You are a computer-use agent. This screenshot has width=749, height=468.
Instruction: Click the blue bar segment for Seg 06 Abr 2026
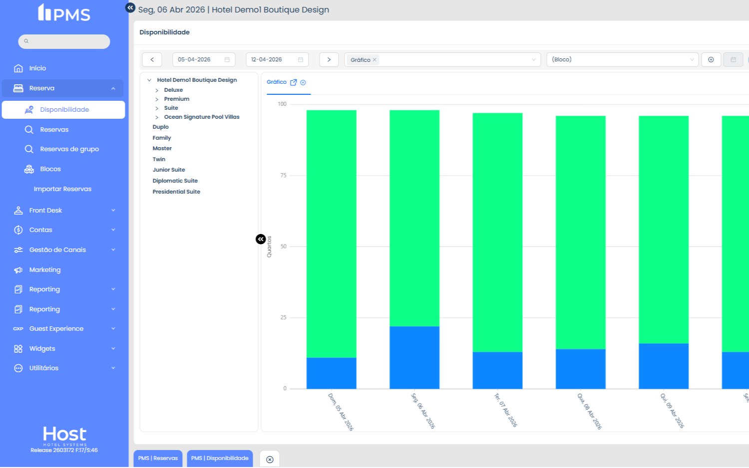coord(414,357)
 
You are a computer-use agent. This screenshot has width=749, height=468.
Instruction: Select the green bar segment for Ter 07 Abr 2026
coord(497,233)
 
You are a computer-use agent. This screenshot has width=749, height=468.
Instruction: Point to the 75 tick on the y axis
coord(283,175)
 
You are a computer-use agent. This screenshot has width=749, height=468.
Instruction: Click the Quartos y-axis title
coord(269,246)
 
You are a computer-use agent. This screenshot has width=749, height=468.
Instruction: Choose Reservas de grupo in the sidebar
coord(69,149)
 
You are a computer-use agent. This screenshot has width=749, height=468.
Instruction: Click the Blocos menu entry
coord(50,169)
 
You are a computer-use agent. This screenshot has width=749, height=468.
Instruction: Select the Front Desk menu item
coord(45,211)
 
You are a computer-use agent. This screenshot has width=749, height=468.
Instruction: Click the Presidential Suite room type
coord(176,192)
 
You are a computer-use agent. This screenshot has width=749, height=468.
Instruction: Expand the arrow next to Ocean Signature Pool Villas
coord(157,117)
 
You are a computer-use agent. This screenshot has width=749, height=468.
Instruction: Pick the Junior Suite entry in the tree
coord(169,170)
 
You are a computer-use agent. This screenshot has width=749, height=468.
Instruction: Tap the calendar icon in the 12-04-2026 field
coord(300,59)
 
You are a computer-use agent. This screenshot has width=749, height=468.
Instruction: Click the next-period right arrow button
coord(329,59)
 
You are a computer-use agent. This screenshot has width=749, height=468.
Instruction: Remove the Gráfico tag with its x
coord(374,60)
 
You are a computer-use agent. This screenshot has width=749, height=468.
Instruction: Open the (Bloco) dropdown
coord(622,59)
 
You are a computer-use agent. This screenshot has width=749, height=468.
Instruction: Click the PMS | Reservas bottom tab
coord(158,459)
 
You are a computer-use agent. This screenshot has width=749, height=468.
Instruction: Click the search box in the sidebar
coord(64,41)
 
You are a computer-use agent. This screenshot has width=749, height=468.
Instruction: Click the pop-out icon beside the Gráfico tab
coord(293,82)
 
